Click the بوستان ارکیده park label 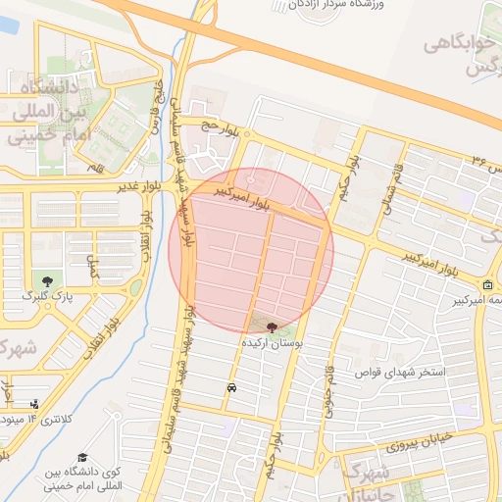tap(272, 344)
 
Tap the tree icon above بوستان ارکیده tap(272, 327)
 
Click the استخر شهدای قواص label tap(404, 373)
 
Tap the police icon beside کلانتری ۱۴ tap(36, 403)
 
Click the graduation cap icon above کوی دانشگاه tap(83, 458)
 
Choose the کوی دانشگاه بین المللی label tap(83, 480)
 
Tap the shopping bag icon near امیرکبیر tap(487, 285)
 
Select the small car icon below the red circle tap(230, 387)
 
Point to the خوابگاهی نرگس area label tap(465, 57)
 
